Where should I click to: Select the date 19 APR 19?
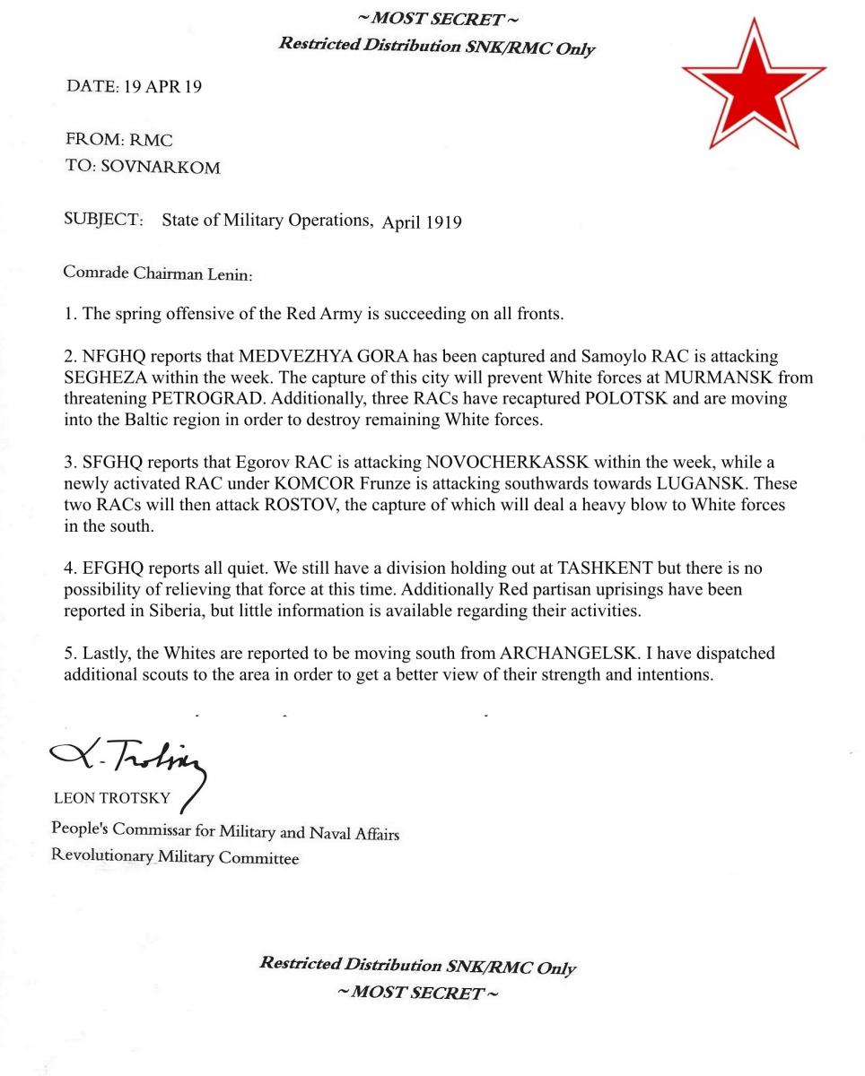click(162, 87)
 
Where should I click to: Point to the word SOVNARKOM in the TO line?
click(161, 167)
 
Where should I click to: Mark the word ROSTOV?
click(301, 504)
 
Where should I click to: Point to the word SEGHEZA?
click(109, 377)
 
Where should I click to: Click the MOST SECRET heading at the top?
click(437, 20)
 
